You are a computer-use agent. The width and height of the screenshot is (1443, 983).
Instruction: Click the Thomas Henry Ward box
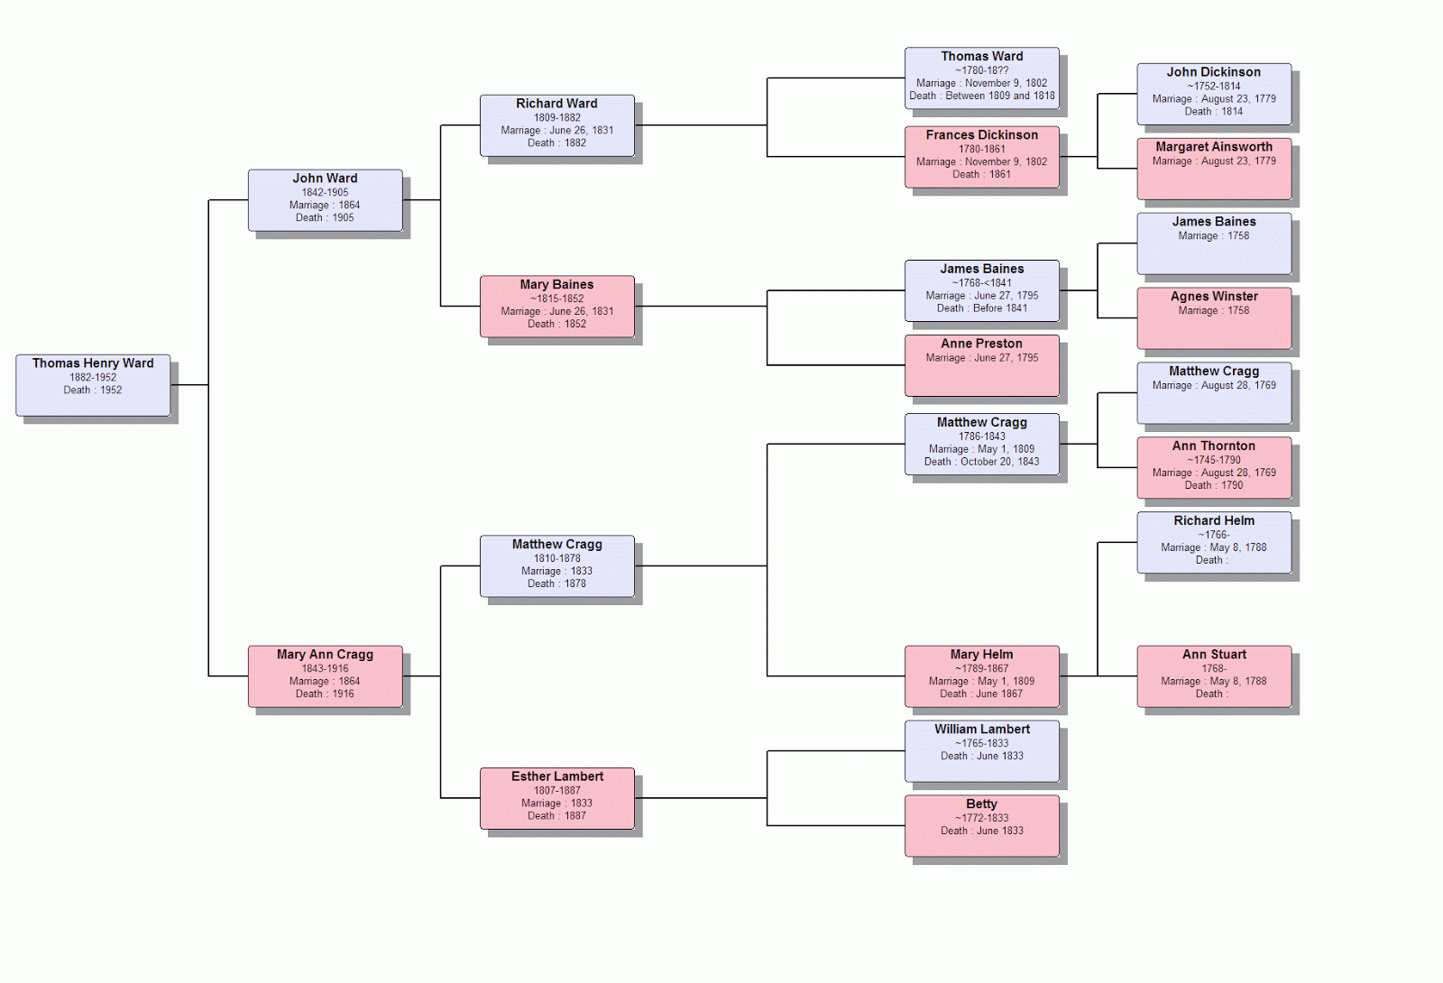(x=93, y=385)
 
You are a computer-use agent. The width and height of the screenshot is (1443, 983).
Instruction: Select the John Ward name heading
(x=325, y=179)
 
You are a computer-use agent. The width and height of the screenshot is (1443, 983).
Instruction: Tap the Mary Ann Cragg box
(x=325, y=676)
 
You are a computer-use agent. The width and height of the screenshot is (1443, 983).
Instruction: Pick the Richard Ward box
(x=556, y=125)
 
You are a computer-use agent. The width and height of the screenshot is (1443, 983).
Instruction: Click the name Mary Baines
(x=556, y=285)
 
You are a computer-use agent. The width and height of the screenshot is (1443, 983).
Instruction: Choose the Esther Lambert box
(x=556, y=798)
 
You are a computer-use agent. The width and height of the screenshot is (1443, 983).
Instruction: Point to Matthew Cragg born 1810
(x=556, y=566)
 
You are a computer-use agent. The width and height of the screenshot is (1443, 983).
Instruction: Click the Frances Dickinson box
(x=981, y=157)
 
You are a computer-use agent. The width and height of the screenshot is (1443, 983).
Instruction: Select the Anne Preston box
(x=981, y=365)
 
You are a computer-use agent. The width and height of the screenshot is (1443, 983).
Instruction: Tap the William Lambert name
(x=981, y=730)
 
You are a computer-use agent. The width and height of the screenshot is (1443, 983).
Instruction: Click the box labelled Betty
(x=981, y=825)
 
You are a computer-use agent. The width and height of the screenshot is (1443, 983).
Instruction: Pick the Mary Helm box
(x=981, y=676)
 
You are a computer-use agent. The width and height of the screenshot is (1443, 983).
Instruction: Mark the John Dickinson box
(x=1213, y=94)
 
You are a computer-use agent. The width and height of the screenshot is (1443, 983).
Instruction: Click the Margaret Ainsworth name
(x=1213, y=147)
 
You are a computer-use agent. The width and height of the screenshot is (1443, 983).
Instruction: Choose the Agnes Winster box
(x=1213, y=317)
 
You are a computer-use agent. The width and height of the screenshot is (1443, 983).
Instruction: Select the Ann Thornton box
(x=1213, y=467)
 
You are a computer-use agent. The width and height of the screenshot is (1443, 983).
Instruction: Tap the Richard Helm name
(x=1213, y=521)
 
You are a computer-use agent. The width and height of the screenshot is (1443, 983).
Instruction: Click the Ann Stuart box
(x=1213, y=676)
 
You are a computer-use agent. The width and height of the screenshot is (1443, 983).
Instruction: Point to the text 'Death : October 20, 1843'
(x=981, y=462)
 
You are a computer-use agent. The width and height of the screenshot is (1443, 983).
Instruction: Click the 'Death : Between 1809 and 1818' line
(x=981, y=96)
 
